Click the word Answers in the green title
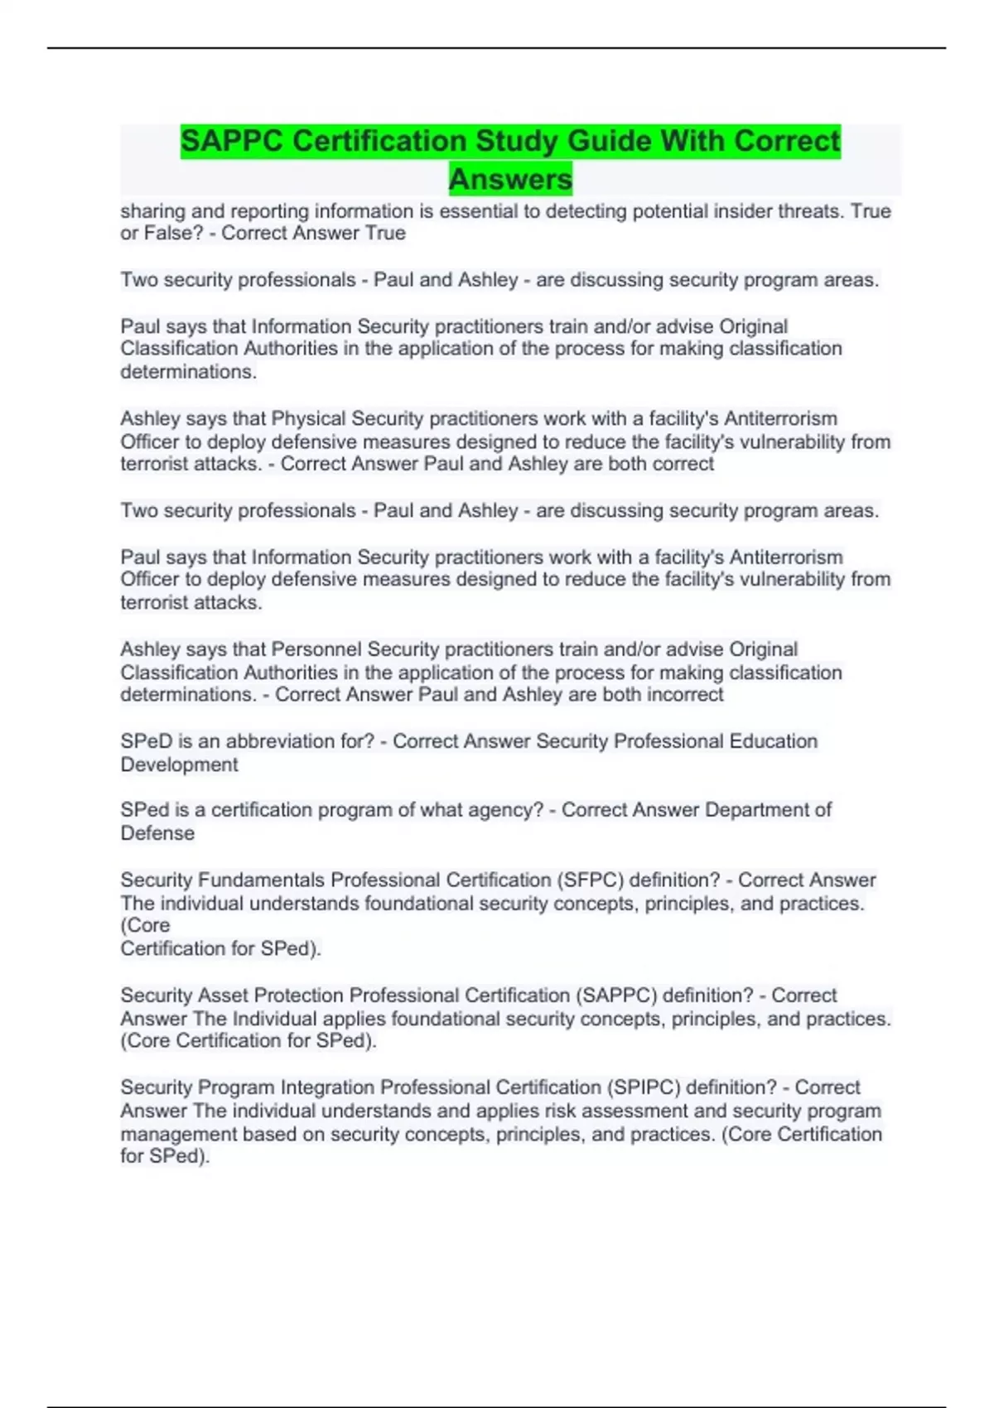click(x=510, y=179)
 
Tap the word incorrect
click(x=685, y=694)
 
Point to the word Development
click(x=179, y=764)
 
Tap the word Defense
click(x=157, y=833)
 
